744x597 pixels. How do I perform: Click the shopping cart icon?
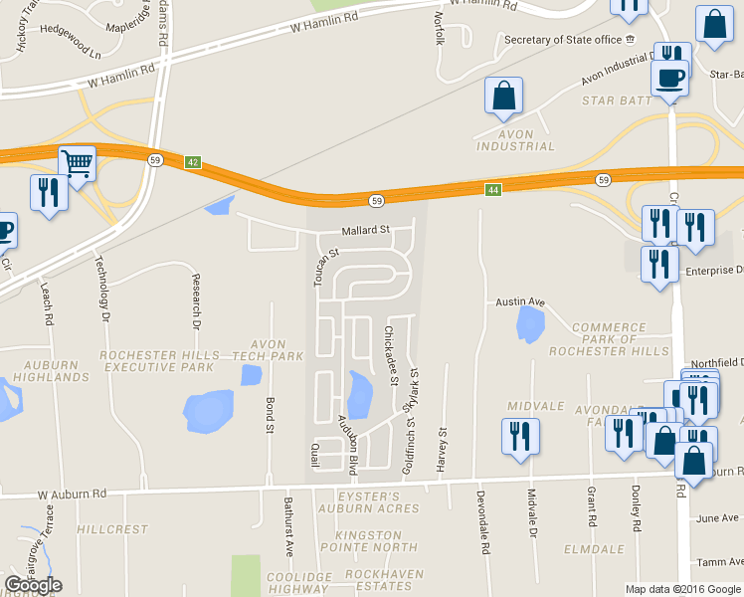(x=77, y=163)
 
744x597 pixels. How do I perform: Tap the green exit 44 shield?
(x=492, y=189)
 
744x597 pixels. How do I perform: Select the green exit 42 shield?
(x=193, y=161)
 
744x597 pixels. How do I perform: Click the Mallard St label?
(x=364, y=230)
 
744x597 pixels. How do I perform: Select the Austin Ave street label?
(x=521, y=301)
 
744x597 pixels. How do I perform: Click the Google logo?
(x=33, y=585)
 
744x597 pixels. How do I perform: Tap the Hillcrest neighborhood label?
(x=112, y=530)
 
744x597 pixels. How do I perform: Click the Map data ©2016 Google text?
(x=682, y=589)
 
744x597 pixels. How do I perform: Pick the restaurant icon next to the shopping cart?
(x=48, y=191)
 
